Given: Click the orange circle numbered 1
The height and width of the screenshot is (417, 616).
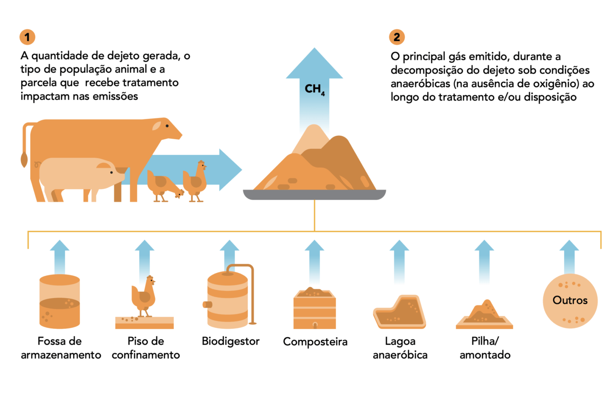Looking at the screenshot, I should click(x=27, y=37).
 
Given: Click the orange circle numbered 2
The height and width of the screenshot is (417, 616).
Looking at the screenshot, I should click(x=397, y=37).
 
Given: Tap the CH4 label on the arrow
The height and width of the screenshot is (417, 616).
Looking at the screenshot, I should click(x=314, y=90).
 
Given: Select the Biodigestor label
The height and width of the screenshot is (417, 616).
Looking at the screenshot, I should click(x=231, y=341).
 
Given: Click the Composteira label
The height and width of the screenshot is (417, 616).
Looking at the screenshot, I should click(x=315, y=342).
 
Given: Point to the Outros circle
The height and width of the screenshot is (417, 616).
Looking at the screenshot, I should click(x=570, y=300).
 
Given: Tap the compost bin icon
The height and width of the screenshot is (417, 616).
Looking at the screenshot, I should click(x=315, y=308).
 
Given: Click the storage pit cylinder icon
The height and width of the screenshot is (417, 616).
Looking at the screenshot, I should click(x=59, y=301).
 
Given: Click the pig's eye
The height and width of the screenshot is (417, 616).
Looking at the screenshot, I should click(x=112, y=172).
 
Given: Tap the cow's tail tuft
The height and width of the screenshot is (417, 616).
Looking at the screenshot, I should click(x=23, y=159).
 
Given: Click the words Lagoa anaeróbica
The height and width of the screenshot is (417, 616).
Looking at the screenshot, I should click(x=400, y=349).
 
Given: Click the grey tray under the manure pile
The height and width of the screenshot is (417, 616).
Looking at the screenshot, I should click(x=315, y=195).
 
